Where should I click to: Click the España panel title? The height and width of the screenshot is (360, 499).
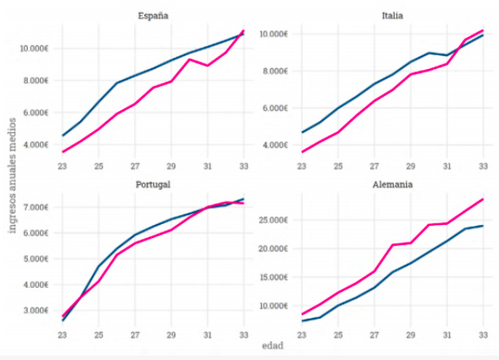pyautogui.click(x=154, y=15)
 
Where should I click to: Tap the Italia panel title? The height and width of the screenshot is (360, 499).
pyautogui.click(x=395, y=15)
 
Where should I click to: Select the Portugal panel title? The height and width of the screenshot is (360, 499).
pyautogui.click(x=154, y=184)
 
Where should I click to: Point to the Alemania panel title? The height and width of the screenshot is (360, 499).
pyautogui.click(x=395, y=184)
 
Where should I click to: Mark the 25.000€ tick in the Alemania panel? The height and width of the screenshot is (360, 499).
pyautogui.click(x=273, y=220)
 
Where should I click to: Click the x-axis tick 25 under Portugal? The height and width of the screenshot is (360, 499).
pyautogui.click(x=99, y=335)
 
